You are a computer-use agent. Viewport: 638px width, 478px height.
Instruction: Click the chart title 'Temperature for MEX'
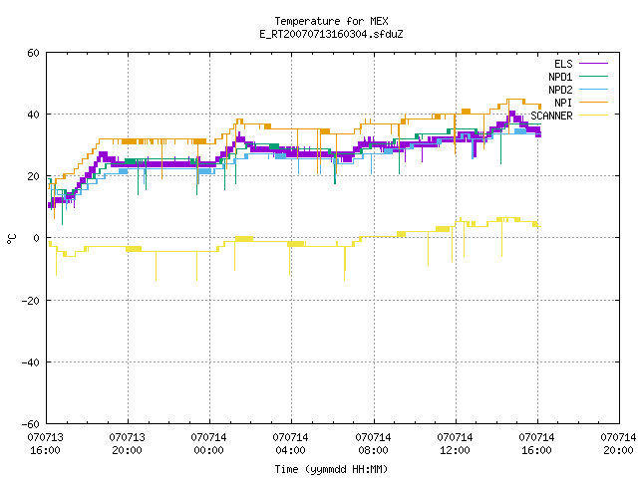(331, 21)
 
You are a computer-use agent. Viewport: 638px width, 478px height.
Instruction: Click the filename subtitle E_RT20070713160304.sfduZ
(331, 34)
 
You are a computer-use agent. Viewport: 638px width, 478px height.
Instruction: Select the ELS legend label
(563, 64)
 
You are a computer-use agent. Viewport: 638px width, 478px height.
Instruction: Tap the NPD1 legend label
(560, 77)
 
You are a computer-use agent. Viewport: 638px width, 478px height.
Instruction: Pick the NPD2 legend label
(560, 90)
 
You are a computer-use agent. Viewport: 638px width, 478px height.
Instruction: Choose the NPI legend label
(563, 103)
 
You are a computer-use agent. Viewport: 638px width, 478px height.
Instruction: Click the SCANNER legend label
(551, 116)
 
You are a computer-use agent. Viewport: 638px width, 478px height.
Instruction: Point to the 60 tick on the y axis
(33, 53)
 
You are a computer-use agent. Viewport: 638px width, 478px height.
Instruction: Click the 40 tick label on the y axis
(33, 115)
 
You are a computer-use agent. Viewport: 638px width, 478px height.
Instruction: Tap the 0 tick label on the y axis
(37, 238)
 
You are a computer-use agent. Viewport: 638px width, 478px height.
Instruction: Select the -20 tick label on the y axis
(31, 301)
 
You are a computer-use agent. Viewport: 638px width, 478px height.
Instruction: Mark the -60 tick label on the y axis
(31, 424)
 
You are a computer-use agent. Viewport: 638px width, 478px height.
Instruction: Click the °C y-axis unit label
(12, 239)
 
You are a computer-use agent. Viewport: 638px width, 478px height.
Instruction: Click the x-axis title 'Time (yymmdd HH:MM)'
(331, 469)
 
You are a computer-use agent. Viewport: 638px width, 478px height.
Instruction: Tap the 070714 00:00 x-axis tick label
(208, 444)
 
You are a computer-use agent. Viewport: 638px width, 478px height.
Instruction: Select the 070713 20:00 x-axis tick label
(127, 444)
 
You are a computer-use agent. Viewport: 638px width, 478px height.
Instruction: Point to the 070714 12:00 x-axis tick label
(455, 444)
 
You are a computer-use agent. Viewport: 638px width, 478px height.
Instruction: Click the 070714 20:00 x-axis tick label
(618, 444)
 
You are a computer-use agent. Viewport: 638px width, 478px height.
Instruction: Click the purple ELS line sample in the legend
(594, 64)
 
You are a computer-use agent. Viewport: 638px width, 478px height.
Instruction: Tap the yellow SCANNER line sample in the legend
(594, 116)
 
